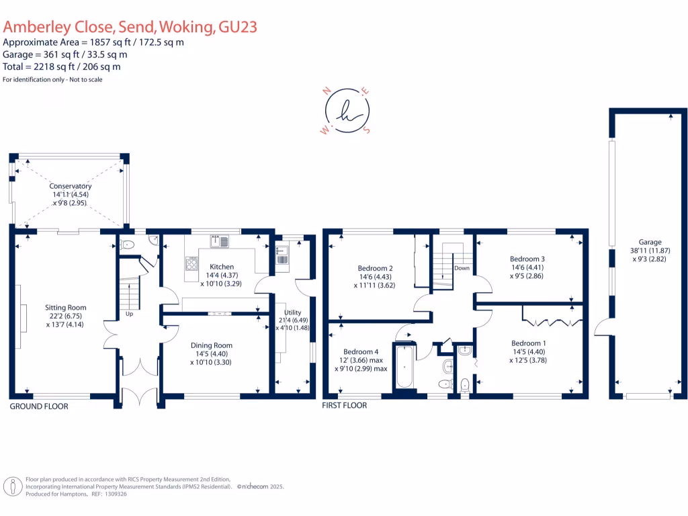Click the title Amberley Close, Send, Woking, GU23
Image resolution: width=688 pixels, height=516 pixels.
pyautogui.click(x=130, y=27)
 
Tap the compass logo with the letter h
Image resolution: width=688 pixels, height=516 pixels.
pyautogui.click(x=347, y=111)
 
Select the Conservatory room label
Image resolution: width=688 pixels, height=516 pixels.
pyautogui.click(x=70, y=186)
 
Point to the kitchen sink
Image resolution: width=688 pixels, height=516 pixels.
pyautogui.click(x=220, y=241)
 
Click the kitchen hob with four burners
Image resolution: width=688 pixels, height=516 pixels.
pyautogui.click(x=191, y=263)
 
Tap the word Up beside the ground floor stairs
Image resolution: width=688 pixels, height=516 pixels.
pyautogui.click(x=130, y=314)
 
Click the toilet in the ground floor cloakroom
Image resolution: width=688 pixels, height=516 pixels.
pyautogui.click(x=127, y=245)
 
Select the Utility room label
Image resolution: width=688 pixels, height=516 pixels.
pyautogui.click(x=293, y=312)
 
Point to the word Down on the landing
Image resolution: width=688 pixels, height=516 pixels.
pyautogui.click(x=462, y=268)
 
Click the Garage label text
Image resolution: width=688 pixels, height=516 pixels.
pyautogui.click(x=650, y=242)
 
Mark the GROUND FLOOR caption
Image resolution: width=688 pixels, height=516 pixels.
pyautogui.click(x=39, y=406)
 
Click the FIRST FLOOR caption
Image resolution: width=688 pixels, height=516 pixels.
pyautogui.click(x=345, y=405)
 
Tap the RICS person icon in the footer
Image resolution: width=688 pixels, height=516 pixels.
pyautogui.click(x=13, y=486)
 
